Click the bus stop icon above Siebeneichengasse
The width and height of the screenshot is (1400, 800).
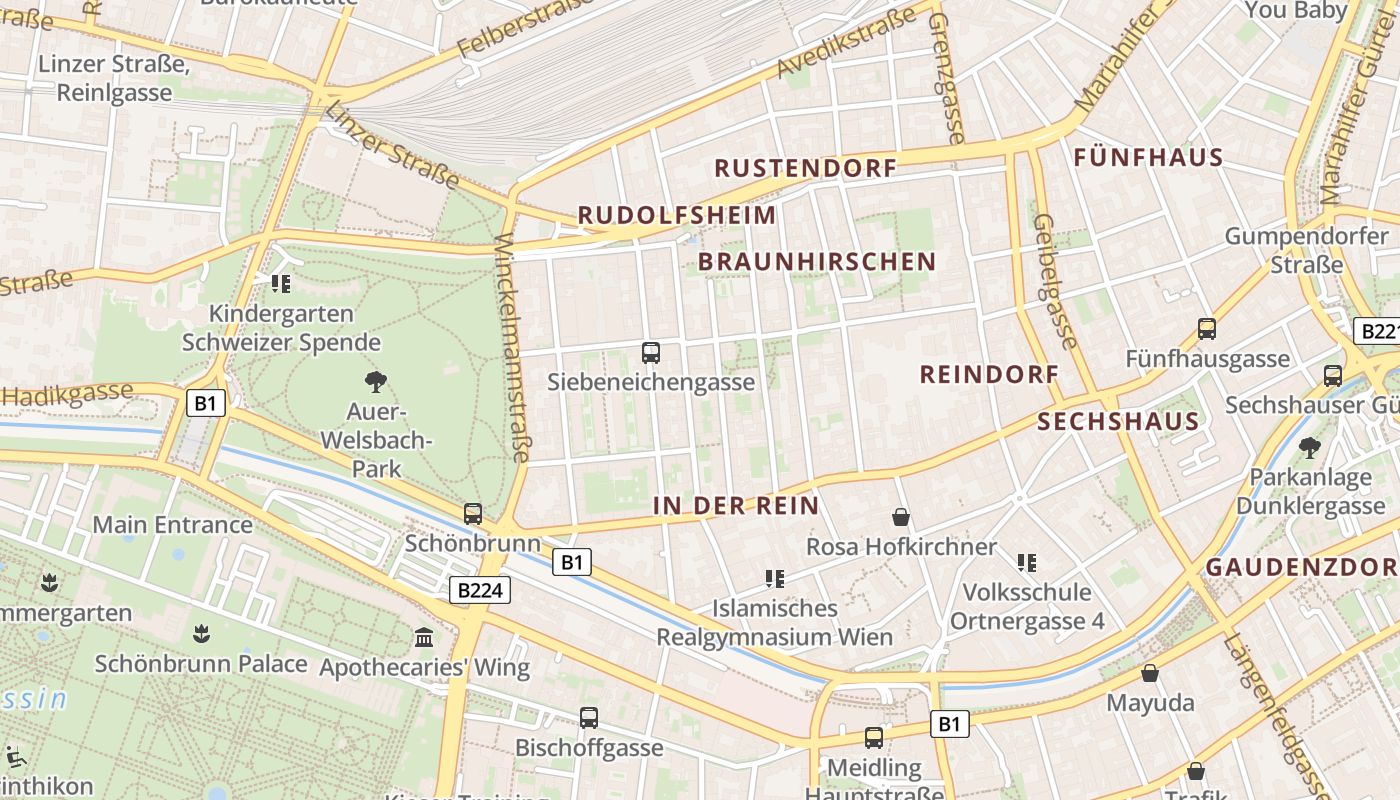pos(651,352)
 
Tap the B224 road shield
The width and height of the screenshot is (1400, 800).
pos(479,590)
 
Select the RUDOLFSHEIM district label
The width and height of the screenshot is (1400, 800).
pos(677,215)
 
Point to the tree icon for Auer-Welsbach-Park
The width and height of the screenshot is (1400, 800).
pos(376,381)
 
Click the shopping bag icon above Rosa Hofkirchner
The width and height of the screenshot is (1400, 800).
pos(901,517)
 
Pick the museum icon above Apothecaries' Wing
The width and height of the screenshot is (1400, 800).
pos(424,637)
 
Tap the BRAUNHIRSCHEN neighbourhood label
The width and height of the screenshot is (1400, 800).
pos(817,262)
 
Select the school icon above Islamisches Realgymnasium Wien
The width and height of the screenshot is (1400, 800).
pos(774,578)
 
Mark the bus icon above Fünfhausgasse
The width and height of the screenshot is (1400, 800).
pos(1207,328)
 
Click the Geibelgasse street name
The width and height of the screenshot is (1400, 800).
pos(1055,281)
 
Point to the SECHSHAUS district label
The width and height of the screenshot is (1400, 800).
pos(1118,421)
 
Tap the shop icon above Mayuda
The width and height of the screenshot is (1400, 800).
pos(1150,673)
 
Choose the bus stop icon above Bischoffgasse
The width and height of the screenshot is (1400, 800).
pos(589,717)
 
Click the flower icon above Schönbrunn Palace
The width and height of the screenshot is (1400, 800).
pos(201,633)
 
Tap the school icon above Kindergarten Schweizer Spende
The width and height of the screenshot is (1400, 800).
pos(281,284)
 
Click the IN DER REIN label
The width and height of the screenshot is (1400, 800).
pos(736,506)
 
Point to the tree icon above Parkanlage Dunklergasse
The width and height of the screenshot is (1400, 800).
pos(1309,447)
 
